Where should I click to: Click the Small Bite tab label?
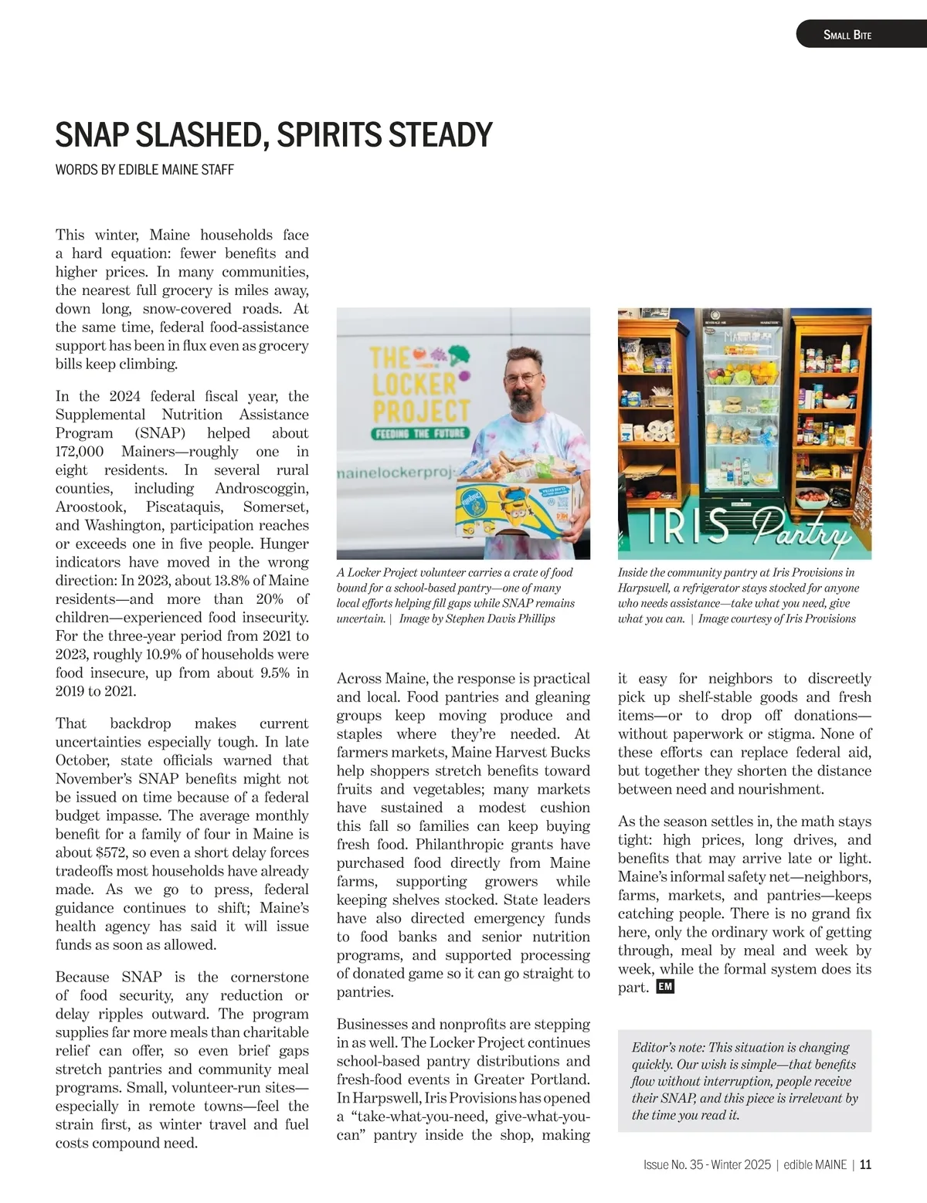click(847, 35)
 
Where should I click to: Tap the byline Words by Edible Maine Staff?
click(144, 170)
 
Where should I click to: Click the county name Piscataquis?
click(184, 507)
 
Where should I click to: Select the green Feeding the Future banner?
click(419, 433)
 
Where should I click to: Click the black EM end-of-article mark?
click(665, 987)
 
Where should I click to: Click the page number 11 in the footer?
click(865, 1164)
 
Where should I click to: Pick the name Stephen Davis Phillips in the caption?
click(500, 618)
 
